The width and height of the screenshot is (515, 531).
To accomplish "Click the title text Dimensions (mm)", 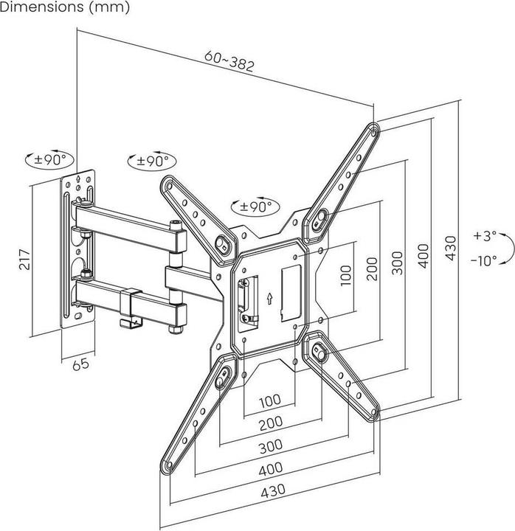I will pyautogui.click(x=65, y=8).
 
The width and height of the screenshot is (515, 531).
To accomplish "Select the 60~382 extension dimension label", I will pyautogui.click(x=229, y=64).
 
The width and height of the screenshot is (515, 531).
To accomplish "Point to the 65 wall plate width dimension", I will pyautogui.click(x=82, y=364).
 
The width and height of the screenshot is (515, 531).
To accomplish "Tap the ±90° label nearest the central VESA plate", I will pyautogui.click(x=252, y=206).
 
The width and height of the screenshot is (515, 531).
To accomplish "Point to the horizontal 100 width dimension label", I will pyautogui.click(x=269, y=400).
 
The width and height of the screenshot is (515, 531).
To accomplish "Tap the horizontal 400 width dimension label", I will pyautogui.click(x=269, y=470).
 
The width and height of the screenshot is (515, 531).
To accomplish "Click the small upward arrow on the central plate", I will pyautogui.click(x=270, y=298).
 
